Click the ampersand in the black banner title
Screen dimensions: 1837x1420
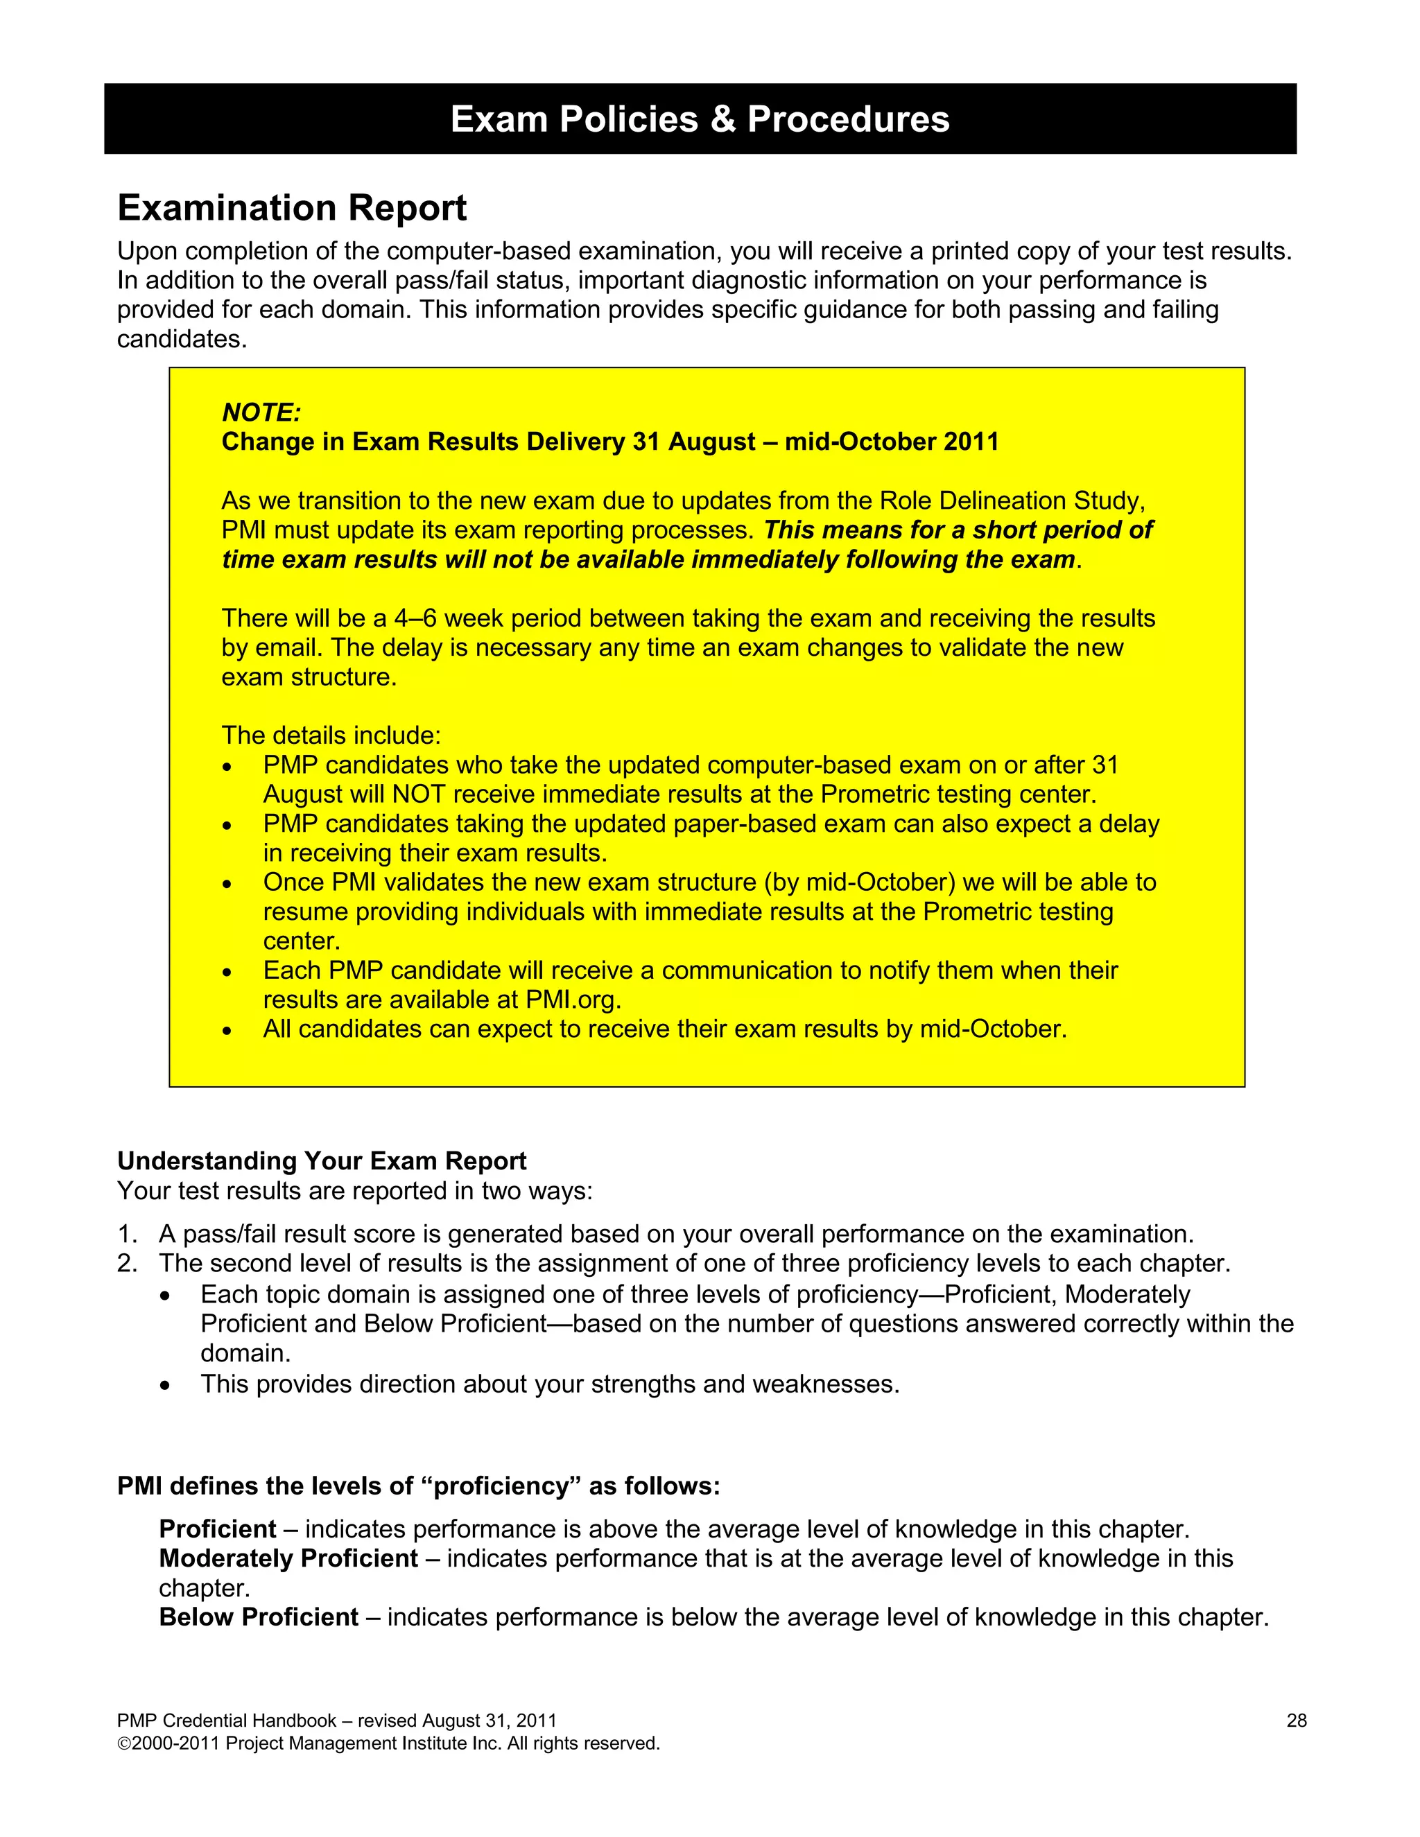[x=722, y=119]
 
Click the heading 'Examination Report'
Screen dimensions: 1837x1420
[x=292, y=208]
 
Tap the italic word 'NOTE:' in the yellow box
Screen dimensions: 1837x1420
[x=261, y=412]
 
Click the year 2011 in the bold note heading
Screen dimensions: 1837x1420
[x=971, y=442]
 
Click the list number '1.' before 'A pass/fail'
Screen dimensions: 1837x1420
[x=127, y=1234]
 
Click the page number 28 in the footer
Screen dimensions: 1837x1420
[x=1297, y=1721]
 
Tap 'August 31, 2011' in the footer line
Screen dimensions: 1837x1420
[x=489, y=1721]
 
